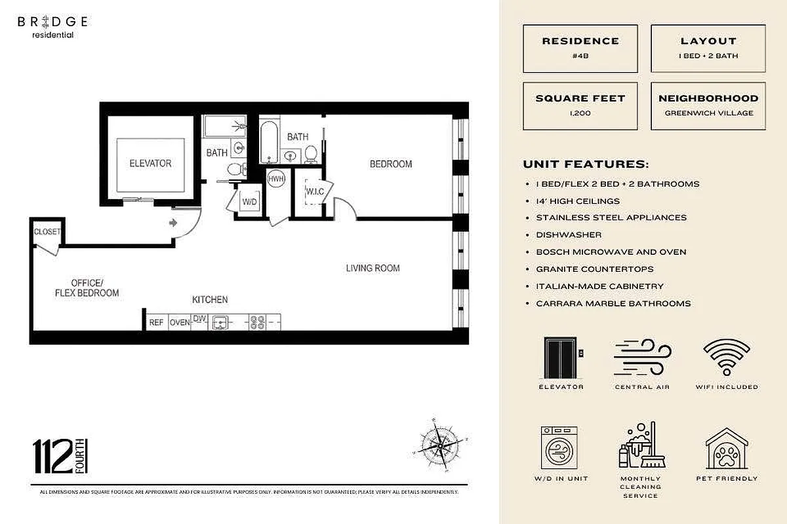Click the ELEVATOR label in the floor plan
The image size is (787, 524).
[150, 163]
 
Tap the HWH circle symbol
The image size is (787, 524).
[276, 179]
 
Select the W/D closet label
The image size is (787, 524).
[249, 202]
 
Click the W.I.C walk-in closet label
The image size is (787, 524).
[314, 192]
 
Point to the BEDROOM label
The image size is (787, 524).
[391, 164]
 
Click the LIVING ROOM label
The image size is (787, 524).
[373, 268]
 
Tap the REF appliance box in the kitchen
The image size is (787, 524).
[156, 322]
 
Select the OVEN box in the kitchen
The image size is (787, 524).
[180, 322]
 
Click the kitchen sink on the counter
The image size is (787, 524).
[221, 322]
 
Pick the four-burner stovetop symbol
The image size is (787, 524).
[257, 322]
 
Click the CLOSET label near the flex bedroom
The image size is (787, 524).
[47, 232]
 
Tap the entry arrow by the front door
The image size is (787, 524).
[173, 223]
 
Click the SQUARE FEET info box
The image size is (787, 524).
[580, 105]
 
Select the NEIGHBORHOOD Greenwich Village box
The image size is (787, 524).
[708, 105]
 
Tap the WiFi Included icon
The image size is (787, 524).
[727, 359]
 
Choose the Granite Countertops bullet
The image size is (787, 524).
[594, 269]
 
